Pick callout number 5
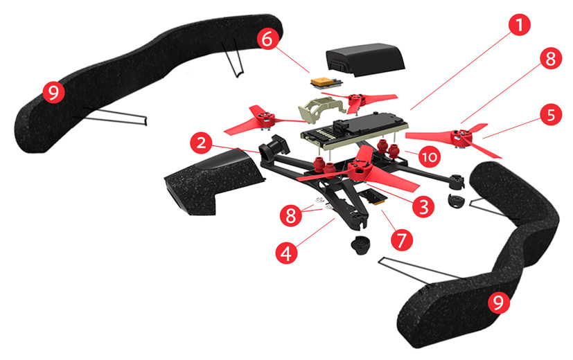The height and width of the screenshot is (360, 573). [x=551, y=115]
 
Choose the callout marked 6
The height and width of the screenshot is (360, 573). [x=266, y=39]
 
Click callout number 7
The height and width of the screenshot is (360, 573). [x=401, y=239]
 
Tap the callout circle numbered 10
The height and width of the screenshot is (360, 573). [x=429, y=157]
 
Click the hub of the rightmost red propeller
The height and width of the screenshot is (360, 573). [x=458, y=135]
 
